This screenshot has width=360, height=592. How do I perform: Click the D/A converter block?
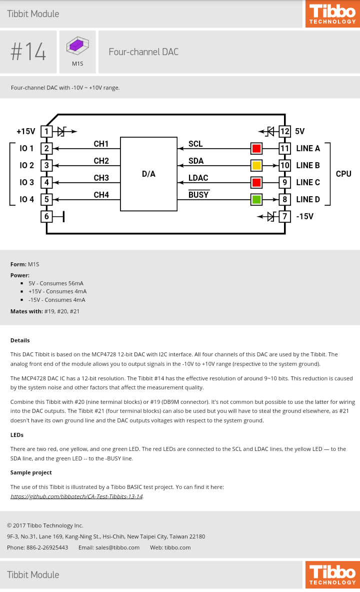(x=148, y=174)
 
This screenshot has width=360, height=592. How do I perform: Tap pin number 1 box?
(x=46, y=132)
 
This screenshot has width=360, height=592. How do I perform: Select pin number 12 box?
(x=284, y=132)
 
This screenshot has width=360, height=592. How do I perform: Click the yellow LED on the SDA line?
(x=256, y=166)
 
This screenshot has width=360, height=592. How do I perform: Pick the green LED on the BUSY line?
(x=256, y=200)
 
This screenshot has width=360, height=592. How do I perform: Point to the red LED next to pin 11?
(x=256, y=149)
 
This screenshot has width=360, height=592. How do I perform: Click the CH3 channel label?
(x=101, y=178)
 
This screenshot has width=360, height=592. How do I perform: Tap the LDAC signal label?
(x=198, y=178)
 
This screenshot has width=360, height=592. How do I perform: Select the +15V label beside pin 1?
(x=25, y=132)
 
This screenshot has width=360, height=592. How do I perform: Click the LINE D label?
(x=307, y=200)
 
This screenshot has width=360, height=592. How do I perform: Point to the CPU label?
(x=343, y=174)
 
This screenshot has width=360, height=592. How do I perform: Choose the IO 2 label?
(x=26, y=166)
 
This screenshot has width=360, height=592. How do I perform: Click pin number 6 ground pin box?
(x=46, y=217)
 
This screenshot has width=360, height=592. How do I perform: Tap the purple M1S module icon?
(x=77, y=46)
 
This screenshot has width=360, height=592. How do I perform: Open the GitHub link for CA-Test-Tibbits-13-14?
(x=76, y=496)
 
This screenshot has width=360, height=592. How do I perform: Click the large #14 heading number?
(x=28, y=52)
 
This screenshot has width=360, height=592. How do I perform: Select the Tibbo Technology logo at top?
(x=332, y=14)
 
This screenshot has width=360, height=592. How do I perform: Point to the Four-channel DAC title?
(x=143, y=52)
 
